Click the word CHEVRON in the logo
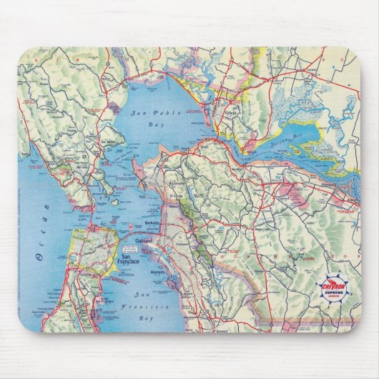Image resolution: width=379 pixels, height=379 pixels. [335, 285]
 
